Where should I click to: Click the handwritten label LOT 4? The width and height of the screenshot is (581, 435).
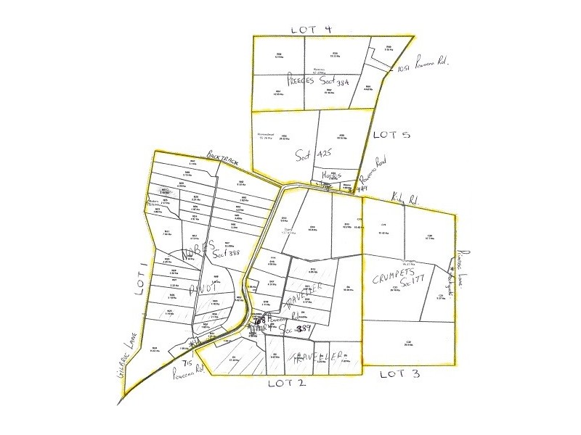click(x=312, y=29)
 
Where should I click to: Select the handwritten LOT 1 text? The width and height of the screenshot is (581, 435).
click(x=141, y=277)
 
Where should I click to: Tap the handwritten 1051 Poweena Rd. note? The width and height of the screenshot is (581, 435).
click(x=425, y=66)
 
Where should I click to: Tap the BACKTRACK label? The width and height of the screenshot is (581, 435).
click(x=222, y=159)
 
